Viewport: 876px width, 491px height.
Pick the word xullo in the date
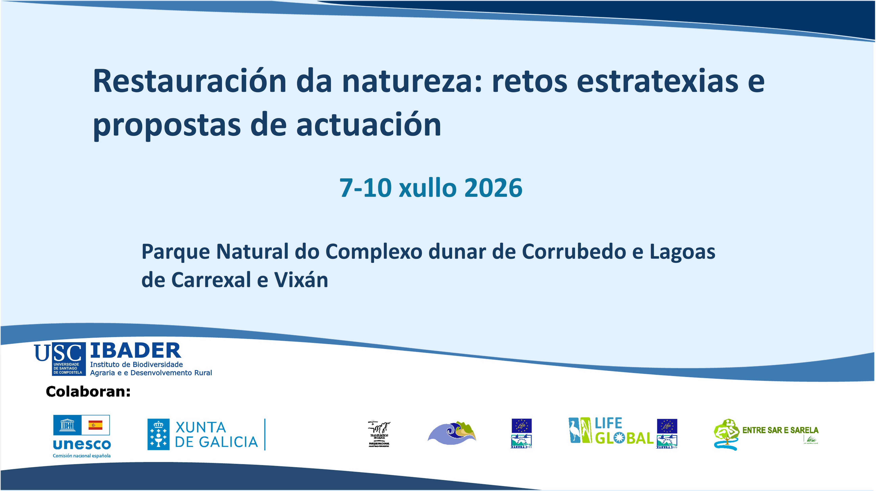[427, 188]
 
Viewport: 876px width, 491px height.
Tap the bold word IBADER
[135, 351]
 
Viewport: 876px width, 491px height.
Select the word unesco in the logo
[82, 444]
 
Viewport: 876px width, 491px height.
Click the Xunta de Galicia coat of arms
[158, 434]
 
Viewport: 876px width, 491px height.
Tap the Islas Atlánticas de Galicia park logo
[379, 434]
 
